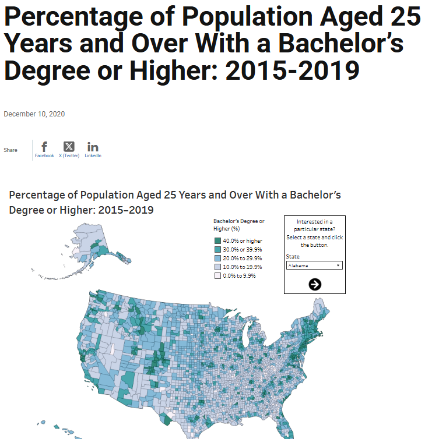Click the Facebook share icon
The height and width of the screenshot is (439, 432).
(44, 147)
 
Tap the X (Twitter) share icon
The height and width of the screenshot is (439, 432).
(69, 147)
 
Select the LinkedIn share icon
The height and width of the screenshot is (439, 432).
(93, 147)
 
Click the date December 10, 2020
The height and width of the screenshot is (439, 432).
(34, 114)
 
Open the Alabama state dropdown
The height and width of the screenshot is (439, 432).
(314, 265)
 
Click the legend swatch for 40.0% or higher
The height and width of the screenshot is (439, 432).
(217, 240)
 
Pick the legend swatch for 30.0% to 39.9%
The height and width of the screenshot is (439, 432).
(217, 249)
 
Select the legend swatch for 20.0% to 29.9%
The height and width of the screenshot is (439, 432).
(217, 258)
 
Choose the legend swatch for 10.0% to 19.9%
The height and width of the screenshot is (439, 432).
(217, 267)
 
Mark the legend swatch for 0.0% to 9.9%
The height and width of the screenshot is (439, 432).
(217, 275)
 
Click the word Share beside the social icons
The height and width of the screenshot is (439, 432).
(10, 150)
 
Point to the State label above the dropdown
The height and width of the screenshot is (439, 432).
(293, 257)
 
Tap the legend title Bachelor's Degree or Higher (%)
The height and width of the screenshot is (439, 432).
(238, 225)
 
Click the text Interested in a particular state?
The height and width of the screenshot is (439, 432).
(315, 225)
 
